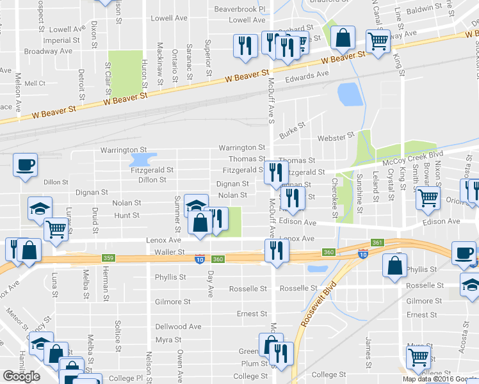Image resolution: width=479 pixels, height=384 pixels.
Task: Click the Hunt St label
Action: click(127, 216)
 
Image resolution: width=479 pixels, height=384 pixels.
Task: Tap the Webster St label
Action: click(336, 136)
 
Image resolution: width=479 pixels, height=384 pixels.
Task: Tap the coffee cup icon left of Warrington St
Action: click(26, 166)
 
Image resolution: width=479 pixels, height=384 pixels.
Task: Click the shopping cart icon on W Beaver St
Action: click(378, 42)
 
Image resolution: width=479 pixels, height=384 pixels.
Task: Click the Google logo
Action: click(21, 376)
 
